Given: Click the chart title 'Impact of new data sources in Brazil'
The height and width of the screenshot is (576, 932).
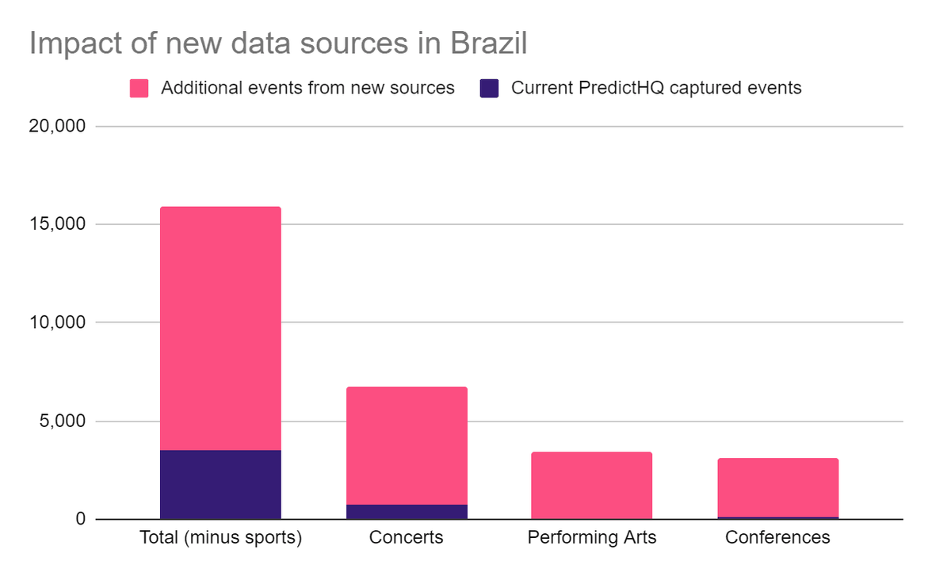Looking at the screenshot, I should click(278, 43).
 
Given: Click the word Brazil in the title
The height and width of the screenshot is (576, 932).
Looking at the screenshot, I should click(488, 43).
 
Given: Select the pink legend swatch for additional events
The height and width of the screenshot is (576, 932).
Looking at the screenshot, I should click(139, 88).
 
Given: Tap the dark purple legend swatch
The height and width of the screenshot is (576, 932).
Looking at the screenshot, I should click(489, 88).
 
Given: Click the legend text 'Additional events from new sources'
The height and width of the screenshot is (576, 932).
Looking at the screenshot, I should click(307, 88).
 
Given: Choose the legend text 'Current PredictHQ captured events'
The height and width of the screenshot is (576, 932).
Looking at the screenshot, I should click(656, 88).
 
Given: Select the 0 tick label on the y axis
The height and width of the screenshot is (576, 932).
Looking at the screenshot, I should click(80, 520).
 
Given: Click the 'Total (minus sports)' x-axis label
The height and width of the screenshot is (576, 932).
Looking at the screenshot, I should click(220, 538).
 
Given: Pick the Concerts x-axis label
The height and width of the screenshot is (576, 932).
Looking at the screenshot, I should click(407, 538).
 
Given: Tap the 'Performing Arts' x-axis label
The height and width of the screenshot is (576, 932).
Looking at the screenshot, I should click(592, 538).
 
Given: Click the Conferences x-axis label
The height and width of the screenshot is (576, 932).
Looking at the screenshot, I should click(777, 538).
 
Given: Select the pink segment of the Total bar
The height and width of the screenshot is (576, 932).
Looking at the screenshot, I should click(220, 328).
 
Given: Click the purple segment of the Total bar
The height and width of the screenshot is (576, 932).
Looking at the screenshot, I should click(220, 485).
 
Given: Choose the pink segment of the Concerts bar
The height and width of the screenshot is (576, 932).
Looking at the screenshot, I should click(407, 445).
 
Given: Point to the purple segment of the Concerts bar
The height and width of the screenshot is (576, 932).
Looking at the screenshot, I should click(407, 512).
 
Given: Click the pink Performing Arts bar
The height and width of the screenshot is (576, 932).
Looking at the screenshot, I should click(592, 486).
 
